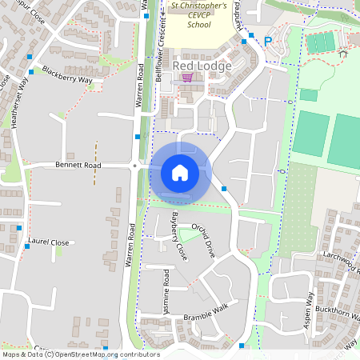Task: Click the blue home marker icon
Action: (180, 172)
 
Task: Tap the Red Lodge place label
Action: (202, 66)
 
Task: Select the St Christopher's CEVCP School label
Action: (199, 15)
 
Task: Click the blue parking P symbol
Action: (268, 41)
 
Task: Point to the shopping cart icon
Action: (187, 78)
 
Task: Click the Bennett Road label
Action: (78, 165)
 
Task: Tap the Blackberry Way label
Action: (68, 75)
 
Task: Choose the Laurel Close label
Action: (49, 239)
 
